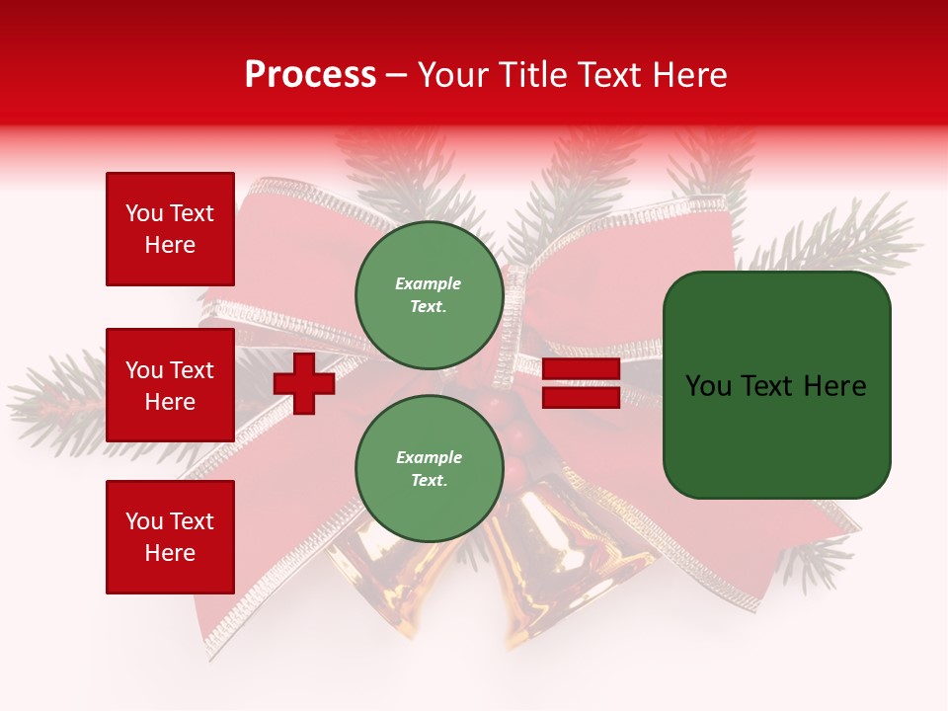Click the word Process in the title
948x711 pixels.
point(310,75)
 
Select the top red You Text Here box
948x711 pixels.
point(170,229)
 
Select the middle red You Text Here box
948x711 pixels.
point(170,385)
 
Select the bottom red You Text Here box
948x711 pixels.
point(170,536)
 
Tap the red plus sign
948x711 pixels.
point(304,383)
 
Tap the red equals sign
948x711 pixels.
point(581,383)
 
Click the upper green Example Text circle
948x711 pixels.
point(429,295)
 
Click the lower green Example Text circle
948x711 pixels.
point(429,469)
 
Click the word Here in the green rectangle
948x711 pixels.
point(834,386)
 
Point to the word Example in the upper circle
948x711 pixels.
point(428,283)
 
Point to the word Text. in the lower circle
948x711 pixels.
point(428,481)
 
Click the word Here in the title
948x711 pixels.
point(688,75)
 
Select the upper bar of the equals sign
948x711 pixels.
point(581,369)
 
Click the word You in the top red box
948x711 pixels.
point(144,213)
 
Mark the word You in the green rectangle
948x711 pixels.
point(708,386)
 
